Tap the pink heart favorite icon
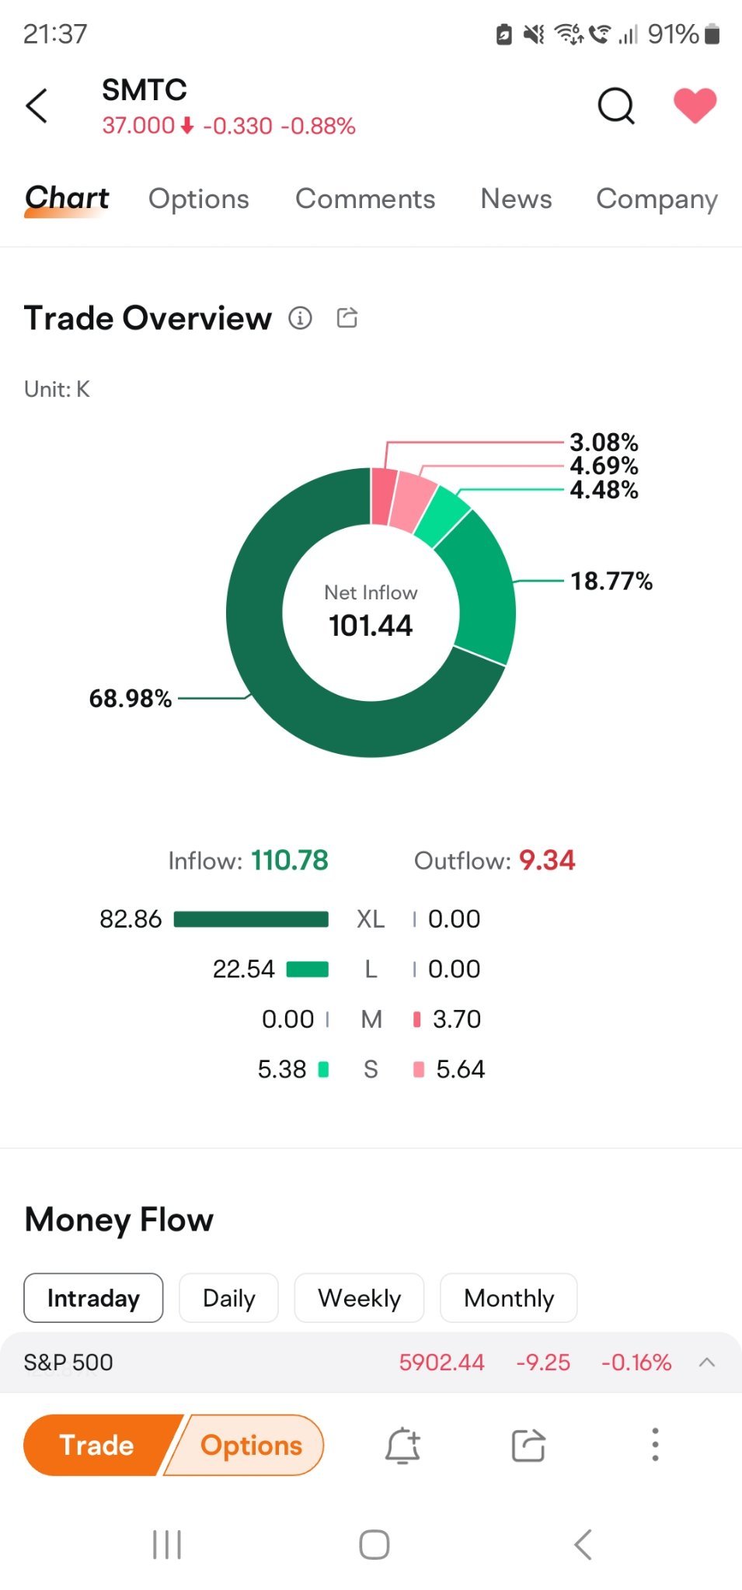click(694, 106)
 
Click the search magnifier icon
click(616, 106)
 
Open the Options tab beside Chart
click(199, 199)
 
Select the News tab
click(516, 199)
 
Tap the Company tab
click(657, 199)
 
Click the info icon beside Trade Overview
click(301, 318)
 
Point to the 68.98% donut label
click(131, 698)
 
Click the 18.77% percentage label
click(611, 581)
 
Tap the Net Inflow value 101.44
click(371, 626)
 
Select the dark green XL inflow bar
click(250, 919)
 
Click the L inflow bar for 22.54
click(308, 969)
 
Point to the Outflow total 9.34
click(547, 860)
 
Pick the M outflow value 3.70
click(457, 1019)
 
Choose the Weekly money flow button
click(359, 1298)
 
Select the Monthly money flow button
click(509, 1298)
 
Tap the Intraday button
click(93, 1298)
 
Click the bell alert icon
click(402, 1445)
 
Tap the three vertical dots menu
click(655, 1445)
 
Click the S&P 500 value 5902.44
click(441, 1362)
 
